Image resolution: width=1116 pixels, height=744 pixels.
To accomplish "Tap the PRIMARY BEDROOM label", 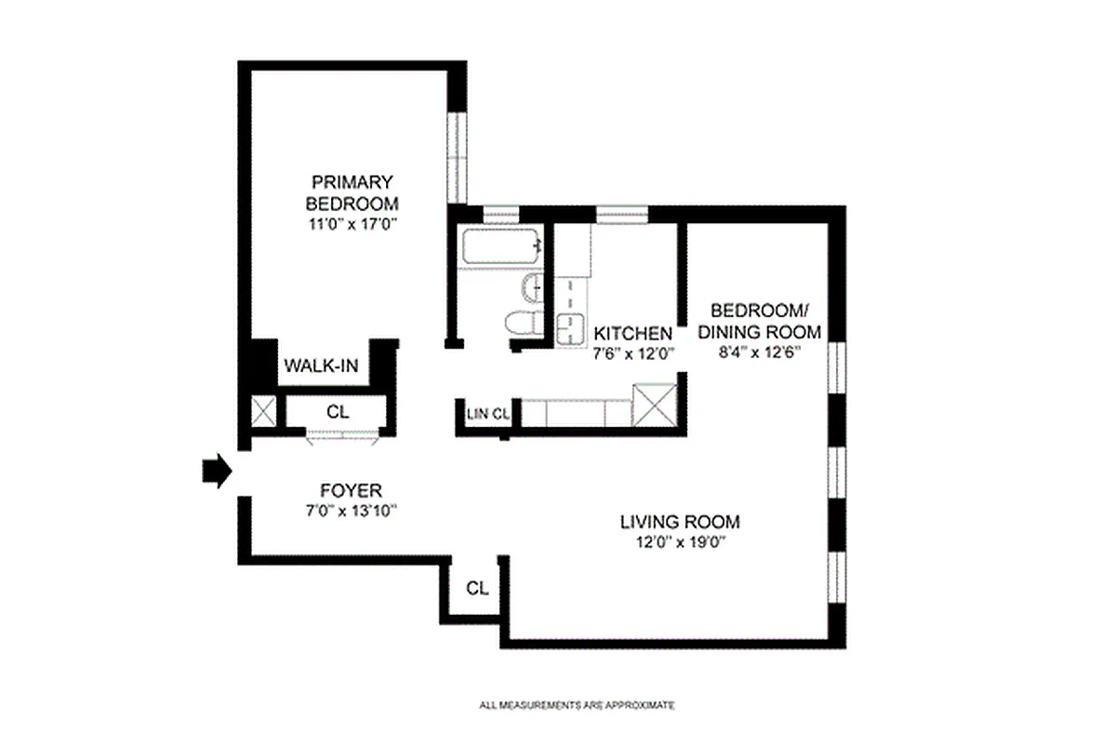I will click(353, 193).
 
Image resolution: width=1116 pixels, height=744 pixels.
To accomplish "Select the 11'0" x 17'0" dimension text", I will click(353, 225).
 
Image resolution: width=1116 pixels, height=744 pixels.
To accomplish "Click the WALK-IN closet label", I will click(321, 365).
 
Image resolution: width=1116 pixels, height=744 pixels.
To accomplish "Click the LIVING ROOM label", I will click(680, 522).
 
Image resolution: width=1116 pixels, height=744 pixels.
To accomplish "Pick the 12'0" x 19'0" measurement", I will click(680, 542).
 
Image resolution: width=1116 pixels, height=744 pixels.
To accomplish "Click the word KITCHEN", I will click(632, 333).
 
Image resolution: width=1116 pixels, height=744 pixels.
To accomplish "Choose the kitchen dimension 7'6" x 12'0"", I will click(632, 353).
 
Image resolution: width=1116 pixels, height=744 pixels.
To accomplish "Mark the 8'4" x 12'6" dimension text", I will click(760, 353).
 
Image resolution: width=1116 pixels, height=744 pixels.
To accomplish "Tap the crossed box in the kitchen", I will click(653, 405).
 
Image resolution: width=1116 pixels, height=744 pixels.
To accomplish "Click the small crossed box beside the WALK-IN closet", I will click(262, 411).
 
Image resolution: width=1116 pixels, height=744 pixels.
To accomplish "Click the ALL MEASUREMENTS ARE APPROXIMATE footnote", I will click(577, 706).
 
